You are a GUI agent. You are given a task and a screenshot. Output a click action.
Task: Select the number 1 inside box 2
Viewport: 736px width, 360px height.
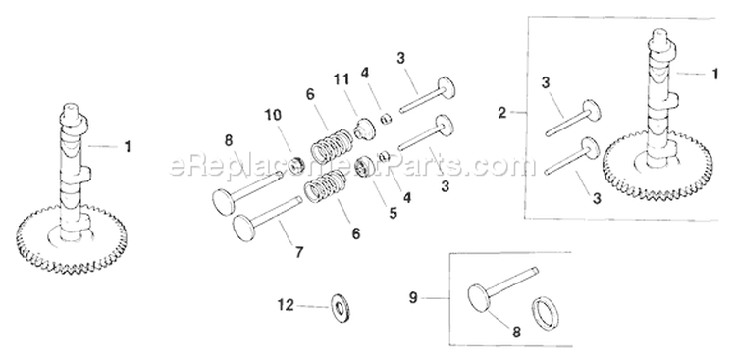pyautogui.click(x=711, y=72)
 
